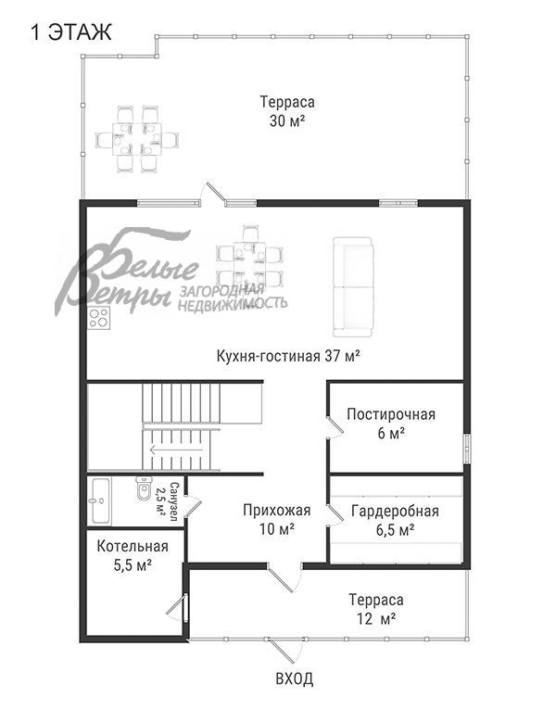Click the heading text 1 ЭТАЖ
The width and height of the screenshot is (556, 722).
coord(70,33)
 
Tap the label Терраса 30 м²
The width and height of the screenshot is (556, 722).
coord(287,111)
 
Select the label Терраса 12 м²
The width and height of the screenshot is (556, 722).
coord(375,609)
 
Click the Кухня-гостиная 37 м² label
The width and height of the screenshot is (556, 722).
coord(288,355)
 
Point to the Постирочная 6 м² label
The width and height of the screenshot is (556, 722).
coord(390,424)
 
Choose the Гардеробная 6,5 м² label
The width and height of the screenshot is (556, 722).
coord(395,520)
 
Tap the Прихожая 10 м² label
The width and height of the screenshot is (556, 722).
coord(276,519)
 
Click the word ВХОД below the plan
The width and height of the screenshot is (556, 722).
coord(295,679)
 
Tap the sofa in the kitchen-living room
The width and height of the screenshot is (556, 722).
coord(352,286)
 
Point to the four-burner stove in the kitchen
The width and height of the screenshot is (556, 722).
coord(98,319)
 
